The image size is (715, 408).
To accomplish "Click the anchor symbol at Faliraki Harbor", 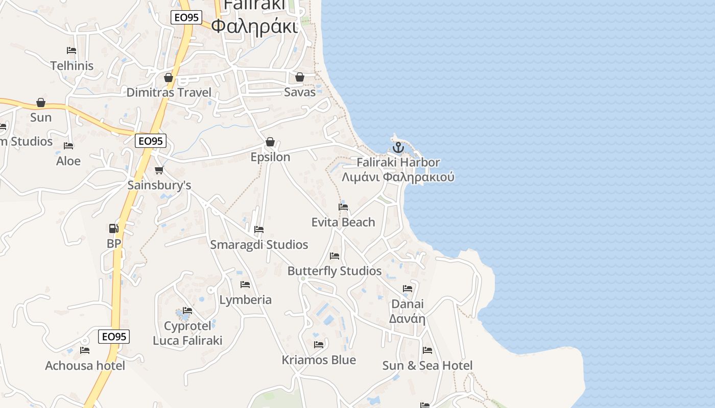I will [398, 148].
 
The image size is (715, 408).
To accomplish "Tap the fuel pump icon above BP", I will [113, 228].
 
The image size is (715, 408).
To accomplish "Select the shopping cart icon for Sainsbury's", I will [159, 170].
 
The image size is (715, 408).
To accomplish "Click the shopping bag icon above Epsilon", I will [270, 142].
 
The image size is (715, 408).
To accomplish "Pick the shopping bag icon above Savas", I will [300, 77].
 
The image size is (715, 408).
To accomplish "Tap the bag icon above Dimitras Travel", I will [168, 78].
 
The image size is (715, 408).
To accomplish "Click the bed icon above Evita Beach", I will [343, 207].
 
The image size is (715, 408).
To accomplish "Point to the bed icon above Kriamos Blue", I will [319, 345].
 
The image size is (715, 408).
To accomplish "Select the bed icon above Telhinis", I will [71, 50].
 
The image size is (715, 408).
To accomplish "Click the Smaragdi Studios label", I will [259, 245].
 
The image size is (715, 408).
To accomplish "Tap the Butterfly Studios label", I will [335, 271].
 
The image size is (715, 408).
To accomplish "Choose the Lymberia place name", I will [245, 299].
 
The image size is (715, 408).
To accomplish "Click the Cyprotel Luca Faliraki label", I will [187, 333].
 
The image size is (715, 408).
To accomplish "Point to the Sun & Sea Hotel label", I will [427, 365].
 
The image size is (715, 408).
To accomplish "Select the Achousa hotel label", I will [85, 366].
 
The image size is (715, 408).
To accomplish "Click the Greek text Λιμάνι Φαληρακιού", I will [398, 177].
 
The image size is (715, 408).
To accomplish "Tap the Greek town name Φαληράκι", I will [254, 25].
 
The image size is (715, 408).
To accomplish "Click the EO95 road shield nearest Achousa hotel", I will [114, 337].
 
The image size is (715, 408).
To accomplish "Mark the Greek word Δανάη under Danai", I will [407, 319].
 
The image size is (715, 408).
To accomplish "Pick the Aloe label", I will [68, 161].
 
